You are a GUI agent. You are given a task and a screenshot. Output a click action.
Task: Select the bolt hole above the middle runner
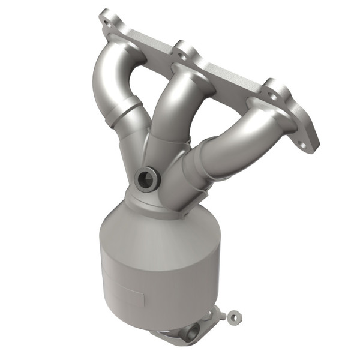pos(182,52)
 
